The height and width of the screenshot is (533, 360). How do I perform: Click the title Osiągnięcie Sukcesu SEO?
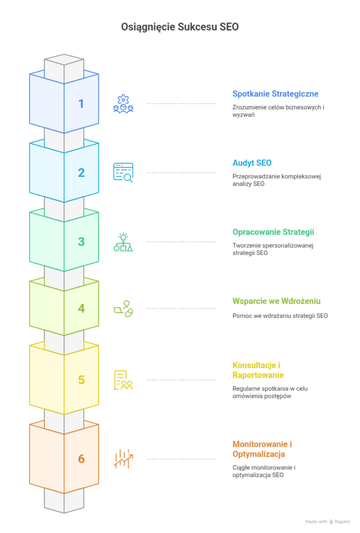pyautogui.click(x=179, y=27)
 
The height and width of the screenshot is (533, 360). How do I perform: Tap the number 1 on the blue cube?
pyautogui.click(x=81, y=104)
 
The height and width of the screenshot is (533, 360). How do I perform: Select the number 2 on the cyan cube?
pyautogui.click(x=81, y=173)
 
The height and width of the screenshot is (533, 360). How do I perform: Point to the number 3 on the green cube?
pyautogui.click(x=81, y=242)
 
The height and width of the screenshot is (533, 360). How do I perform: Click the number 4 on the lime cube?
pyautogui.click(x=81, y=309)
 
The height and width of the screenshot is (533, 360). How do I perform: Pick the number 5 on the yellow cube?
pyautogui.click(x=81, y=380)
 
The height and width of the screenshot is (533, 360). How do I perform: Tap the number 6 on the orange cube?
pyautogui.click(x=81, y=459)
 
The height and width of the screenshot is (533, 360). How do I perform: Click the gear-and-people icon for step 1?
pyautogui.click(x=123, y=104)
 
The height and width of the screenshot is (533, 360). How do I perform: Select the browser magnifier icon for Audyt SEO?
pyautogui.click(x=123, y=172)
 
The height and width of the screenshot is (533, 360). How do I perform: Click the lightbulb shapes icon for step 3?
pyautogui.click(x=123, y=242)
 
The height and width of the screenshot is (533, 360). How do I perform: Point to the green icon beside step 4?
pyautogui.click(x=123, y=309)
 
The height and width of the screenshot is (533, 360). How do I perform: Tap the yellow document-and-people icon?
pyautogui.click(x=123, y=380)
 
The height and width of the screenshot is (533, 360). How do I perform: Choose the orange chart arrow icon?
pyautogui.click(x=123, y=459)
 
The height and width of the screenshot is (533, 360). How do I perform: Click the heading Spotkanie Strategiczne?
pyautogui.click(x=275, y=94)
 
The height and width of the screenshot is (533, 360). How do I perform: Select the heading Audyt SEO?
pyautogui.click(x=252, y=163)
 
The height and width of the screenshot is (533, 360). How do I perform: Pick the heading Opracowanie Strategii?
pyautogui.click(x=273, y=232)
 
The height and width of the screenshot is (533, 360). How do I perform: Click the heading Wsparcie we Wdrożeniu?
pyautogui.click(x=276, y=301)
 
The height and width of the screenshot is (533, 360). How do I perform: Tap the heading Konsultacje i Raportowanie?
pyautogui.click(x=259, y=370)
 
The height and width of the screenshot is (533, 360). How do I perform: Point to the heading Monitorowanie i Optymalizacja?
pyautogui.click(x=262, y=449)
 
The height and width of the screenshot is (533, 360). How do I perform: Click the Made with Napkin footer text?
pyautogui.click(x=328, y=521)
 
